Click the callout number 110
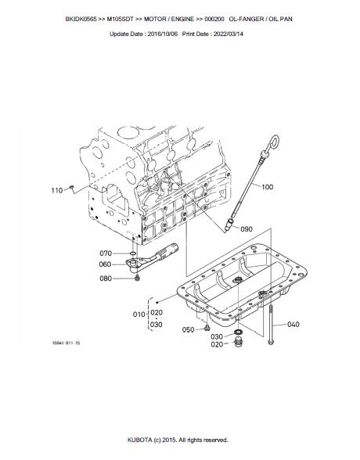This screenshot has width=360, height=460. point(57,190)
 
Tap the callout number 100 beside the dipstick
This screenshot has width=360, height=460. point(268,187)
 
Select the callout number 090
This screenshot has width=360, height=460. point(247,228)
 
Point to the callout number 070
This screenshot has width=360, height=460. point(106,253)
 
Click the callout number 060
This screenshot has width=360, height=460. point(105,264)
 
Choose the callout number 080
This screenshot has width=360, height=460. point(106,279)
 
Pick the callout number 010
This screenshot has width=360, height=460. point(139,314)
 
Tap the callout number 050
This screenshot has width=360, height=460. point(188,330)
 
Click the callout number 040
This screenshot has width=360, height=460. point(293,324)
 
